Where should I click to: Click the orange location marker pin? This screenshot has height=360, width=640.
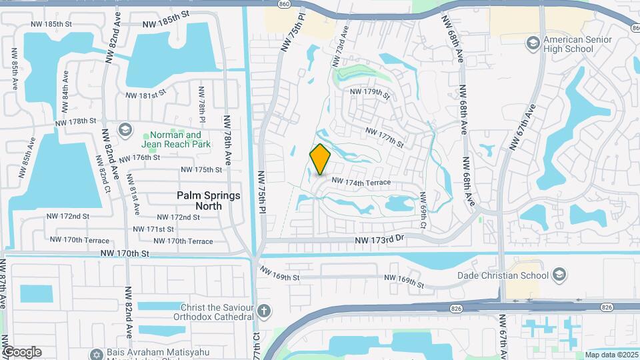point(321,159)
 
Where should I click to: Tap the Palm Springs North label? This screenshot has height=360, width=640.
point(199,201)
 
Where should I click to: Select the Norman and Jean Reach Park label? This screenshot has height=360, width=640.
point(176,139)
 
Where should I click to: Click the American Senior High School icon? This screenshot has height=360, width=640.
point(533,44)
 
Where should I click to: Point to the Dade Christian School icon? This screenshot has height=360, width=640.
point(559,275)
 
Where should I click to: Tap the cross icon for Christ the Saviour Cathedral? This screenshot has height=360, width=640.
point(265,311)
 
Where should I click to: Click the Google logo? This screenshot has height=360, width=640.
point(22,352)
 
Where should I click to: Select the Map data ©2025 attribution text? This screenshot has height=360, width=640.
point(611,355)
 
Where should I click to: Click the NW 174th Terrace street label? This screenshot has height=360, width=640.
point(360,181)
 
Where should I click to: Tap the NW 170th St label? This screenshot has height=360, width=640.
point(125,253)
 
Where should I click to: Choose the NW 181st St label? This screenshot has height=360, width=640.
point(145,95)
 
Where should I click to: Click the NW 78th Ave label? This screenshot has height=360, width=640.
point(227,149)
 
